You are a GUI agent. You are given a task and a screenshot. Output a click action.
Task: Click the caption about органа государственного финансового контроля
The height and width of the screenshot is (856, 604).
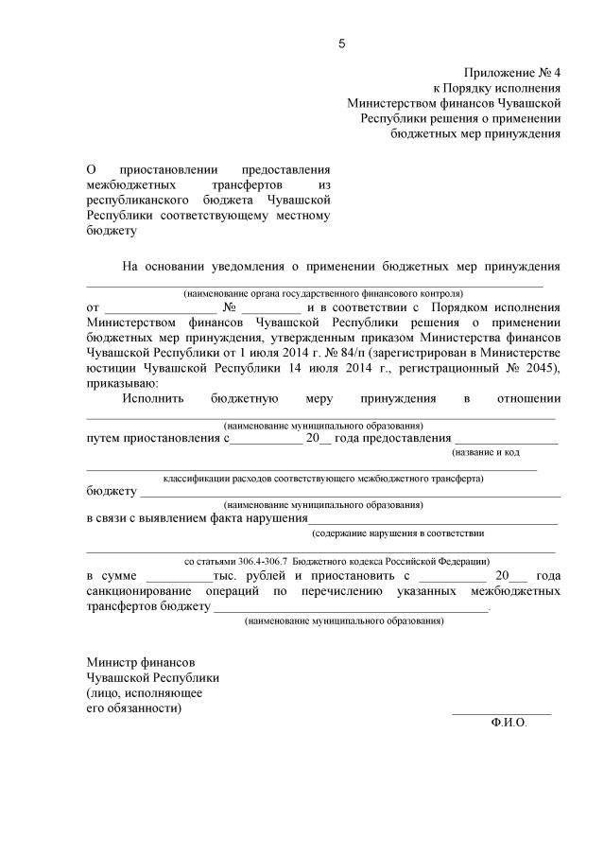pos(323,293)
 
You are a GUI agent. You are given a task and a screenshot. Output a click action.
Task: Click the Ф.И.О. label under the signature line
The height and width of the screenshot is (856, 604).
pos(509,721)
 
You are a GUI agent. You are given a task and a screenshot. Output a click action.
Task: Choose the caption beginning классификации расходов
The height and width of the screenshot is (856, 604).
pos(323,479)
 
